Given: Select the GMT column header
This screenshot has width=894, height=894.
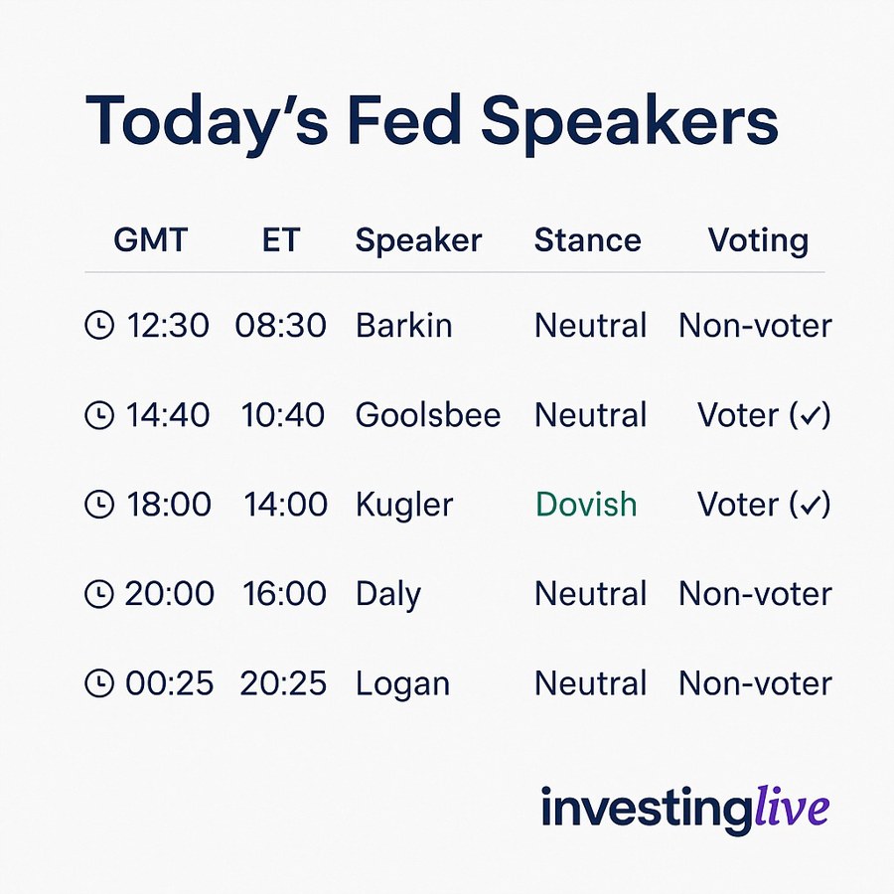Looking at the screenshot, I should [x=150, y=240].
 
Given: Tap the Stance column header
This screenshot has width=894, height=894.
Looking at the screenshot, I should [x=587, y=240].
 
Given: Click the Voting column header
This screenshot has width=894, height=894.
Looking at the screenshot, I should [x=758, y=240].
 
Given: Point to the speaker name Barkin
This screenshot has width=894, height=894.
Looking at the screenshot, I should [x=403, y=326].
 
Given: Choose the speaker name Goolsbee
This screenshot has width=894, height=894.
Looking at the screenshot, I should [x=428, y=415].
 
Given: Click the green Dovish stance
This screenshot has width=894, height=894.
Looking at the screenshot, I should [x=586, y=505].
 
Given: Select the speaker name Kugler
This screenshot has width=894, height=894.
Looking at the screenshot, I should [x=404, y=505].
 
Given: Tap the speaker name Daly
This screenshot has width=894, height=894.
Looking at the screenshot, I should [x=388, y=595].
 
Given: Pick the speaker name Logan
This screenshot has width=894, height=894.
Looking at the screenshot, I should [x=402, y=683].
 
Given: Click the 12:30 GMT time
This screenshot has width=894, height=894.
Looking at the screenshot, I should [x=168, y=326].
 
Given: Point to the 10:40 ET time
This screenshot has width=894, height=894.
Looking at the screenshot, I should [x=283, y=415].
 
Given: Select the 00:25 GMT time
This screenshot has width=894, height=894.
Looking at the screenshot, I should [x=169, y=683].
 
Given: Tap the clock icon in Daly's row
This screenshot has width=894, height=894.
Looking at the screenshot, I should [x=99, y=594].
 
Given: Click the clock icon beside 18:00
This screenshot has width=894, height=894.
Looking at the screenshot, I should [x=99, y=505].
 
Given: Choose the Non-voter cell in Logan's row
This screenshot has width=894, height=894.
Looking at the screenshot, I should [x=755, y=683].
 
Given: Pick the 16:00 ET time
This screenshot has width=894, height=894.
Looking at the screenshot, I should [x=284, y=594].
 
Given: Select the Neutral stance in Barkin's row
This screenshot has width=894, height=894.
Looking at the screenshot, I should [x=590, y=326].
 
